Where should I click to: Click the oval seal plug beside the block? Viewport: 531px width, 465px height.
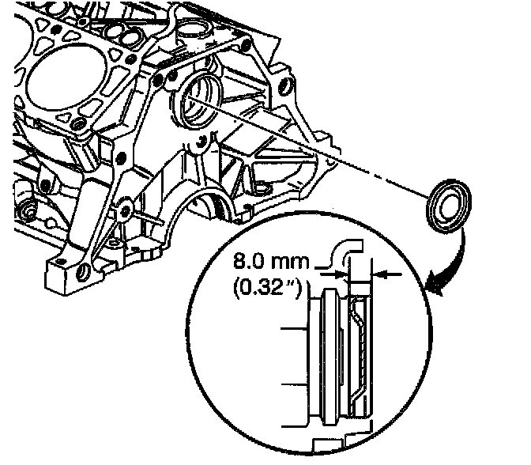point(446,204)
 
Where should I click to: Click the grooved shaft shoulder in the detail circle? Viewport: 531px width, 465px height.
point(326,356)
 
